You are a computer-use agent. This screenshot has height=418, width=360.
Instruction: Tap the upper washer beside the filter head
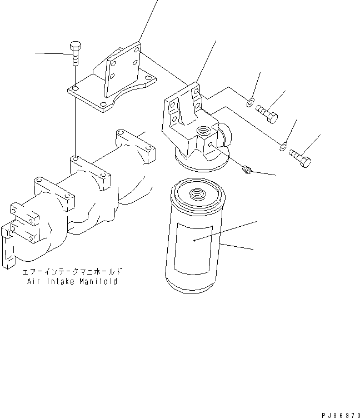(x=251, y=102)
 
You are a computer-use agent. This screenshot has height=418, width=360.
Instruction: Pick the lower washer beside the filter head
(x=283, y=146)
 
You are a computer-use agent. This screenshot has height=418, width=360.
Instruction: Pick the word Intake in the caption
(x=59, y=282)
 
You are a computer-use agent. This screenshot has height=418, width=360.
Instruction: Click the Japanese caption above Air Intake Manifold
(x=72, y=273)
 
